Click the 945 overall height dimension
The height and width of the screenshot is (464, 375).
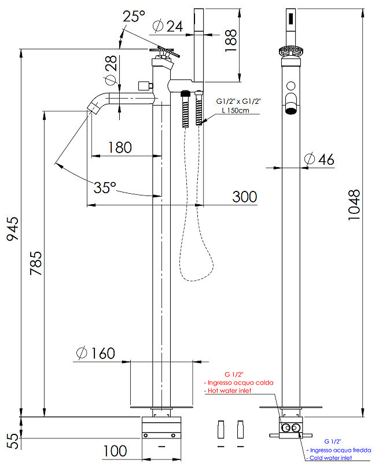pos(13,229)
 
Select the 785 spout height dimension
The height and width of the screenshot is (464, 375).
pos(36,263)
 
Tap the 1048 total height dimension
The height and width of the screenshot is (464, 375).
pos(354,205)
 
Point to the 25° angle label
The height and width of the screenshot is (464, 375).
pos(134,16)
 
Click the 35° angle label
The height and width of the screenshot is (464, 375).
pos(105,187)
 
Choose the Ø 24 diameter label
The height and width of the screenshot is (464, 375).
pos(168,26)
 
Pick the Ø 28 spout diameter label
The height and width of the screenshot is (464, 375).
pos(111,70)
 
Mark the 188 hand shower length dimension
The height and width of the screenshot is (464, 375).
pos(231,41)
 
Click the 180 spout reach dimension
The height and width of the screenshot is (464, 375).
pos(120,147)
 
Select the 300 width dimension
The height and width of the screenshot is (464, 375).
pos(244,197)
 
